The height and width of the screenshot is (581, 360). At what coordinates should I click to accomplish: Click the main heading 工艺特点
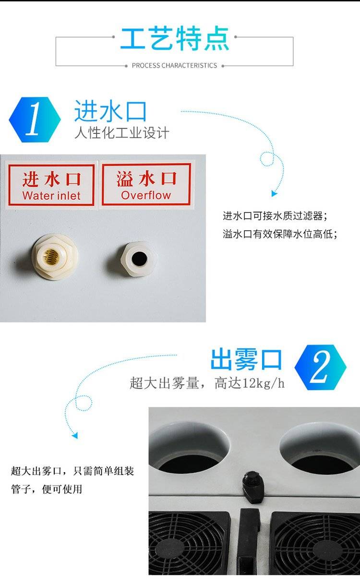[x=175, y=38]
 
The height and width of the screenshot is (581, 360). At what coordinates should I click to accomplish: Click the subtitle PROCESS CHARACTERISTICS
[x=174, y=65]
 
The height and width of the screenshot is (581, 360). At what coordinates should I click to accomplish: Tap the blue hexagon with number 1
[x=35, y=119]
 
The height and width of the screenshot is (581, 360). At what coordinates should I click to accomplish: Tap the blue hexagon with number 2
[x=320, y=368]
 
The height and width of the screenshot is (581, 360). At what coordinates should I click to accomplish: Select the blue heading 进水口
[x=110, y=111]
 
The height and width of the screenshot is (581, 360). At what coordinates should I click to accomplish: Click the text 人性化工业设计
[x=122, y=133]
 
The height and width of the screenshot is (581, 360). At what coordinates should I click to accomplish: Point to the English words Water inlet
[x=51, y=196]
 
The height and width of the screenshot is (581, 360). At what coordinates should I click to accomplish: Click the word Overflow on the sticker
[x=146, y=195]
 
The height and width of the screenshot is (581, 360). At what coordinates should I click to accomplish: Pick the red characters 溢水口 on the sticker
[x=146, y=178]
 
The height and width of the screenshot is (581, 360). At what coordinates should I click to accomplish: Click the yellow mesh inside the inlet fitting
[x=51, y=256]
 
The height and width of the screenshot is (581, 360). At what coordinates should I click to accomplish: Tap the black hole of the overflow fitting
[x=139, y=258]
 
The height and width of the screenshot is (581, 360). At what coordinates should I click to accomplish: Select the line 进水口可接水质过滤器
[x=275, y=216]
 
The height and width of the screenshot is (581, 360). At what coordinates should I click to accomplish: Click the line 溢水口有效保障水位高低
[x=280, y=234]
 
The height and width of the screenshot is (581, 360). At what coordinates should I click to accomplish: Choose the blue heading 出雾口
[x=246, y=359]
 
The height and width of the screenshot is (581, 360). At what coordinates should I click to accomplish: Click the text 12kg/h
[x=263, y=383]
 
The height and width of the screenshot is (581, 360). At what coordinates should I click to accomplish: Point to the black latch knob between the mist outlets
[x=253, y=486]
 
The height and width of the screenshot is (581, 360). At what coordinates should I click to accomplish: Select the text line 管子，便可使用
[x=47, y=489]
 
